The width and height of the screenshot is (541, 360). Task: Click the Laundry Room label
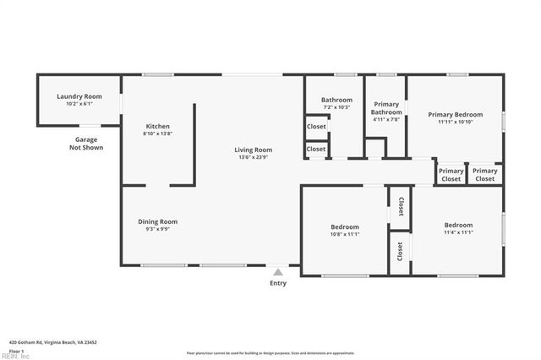coord(79,96)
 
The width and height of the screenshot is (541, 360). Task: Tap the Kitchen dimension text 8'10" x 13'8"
coord(157,134)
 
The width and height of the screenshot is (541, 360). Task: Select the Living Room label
coord(254,150)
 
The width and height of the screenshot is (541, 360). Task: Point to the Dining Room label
coord(157,221)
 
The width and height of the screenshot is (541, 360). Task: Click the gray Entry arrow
coord(277,272)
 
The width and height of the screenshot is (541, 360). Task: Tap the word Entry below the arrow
coord(277,283)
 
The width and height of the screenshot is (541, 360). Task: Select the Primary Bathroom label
coord(386,108)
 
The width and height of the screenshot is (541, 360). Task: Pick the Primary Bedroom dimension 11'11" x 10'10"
coord(455,122)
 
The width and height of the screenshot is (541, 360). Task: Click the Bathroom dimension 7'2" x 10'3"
coord(336,107)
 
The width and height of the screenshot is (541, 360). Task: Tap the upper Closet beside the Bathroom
coord(316,127)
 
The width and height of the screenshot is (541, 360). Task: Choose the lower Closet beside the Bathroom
coord(316,149)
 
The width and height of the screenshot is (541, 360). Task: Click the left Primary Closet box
coord(451,175)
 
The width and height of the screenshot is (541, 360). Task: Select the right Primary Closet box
coord(485,175)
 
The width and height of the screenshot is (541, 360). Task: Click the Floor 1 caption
coord(17,350)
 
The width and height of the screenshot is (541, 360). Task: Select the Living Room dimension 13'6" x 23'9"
coord(254,157)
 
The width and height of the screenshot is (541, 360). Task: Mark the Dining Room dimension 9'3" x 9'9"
coord(157,229)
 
